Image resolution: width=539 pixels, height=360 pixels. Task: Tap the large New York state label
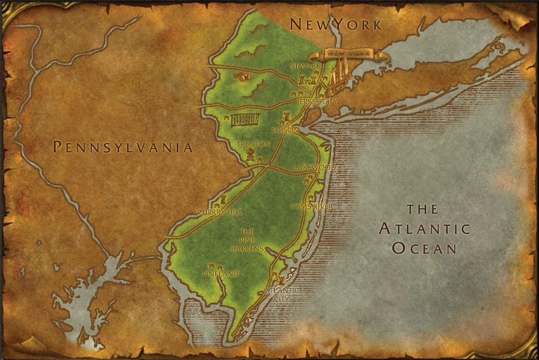[335, 24]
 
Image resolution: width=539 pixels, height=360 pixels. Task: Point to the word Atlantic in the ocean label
[425, 228]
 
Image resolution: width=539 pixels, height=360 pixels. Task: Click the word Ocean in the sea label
[425, 248]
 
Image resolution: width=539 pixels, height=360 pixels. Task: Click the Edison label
[285, 130]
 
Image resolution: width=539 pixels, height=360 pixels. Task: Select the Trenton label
[253, 145]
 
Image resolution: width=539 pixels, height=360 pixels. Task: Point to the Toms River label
[312, 206]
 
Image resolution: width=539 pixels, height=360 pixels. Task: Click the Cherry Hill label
[219, 212]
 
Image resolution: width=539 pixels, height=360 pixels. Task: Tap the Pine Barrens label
[246, 240]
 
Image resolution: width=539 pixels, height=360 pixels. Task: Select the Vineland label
[220, 274]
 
